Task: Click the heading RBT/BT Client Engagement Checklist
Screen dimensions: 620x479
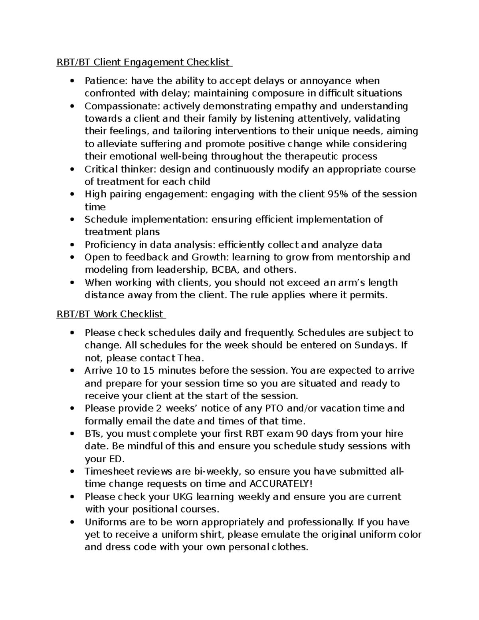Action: [x=144, y=62]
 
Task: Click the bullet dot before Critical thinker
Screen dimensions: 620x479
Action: [x=72, y=169]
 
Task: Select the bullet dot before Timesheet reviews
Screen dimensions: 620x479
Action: [x=72, y=472]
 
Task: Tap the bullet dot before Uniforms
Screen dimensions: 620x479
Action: [x=72, y=522]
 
